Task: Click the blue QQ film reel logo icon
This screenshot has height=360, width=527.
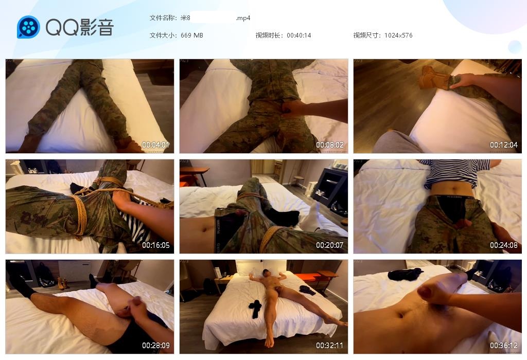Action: [28, 27]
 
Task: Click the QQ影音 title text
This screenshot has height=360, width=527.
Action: [80, 27]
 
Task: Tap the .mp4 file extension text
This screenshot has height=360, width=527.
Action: [243, 18]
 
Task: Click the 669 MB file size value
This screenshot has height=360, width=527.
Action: [191, 35]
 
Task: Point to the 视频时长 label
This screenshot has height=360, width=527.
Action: [269, 35]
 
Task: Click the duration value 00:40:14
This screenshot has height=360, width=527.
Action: [299, 35]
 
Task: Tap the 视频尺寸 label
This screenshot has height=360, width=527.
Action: [366, 35]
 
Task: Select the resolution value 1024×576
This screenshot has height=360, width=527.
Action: [398, 35]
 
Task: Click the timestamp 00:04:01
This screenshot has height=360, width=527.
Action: [155, 145]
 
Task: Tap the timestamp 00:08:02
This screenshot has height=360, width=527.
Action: [330, 145]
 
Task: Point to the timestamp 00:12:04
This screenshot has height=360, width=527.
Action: [503, 145]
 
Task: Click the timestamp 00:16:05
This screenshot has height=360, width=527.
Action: [155, 245]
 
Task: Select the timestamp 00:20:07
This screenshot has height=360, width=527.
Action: [330, 245]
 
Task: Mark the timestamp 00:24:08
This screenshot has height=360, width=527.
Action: [503, 245]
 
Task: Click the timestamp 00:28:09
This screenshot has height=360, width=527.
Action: [155, 345]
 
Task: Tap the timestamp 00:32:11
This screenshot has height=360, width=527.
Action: [330, 345]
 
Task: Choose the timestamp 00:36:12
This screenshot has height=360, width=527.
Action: [503, 345]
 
